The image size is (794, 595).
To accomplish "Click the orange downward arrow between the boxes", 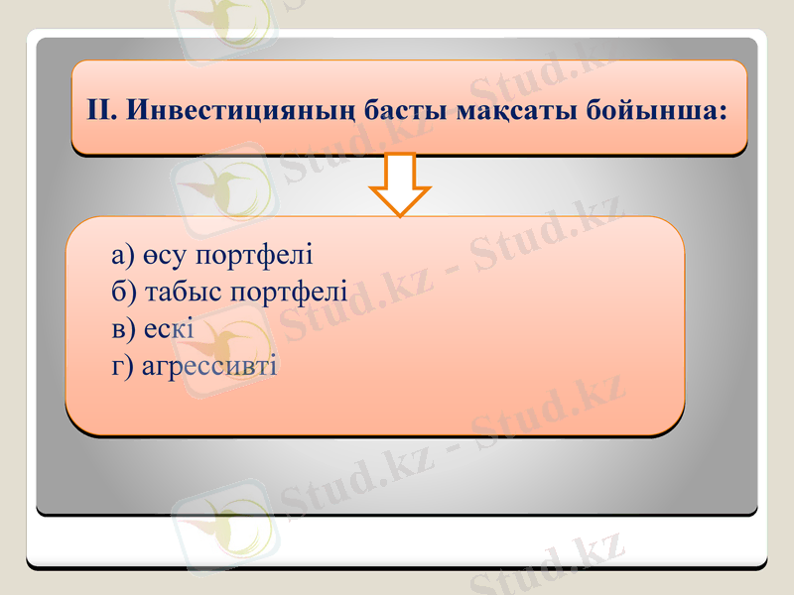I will [399, 183].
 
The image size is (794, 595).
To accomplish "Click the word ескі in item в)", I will [169, 328].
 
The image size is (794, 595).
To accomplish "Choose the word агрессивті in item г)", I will [209, 365].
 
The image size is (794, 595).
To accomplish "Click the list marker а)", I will [123, 255].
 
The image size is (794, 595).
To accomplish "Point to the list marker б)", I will [124, 292].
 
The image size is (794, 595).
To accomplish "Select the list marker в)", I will [123, 328].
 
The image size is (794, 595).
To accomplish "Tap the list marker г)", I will [122, 365].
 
